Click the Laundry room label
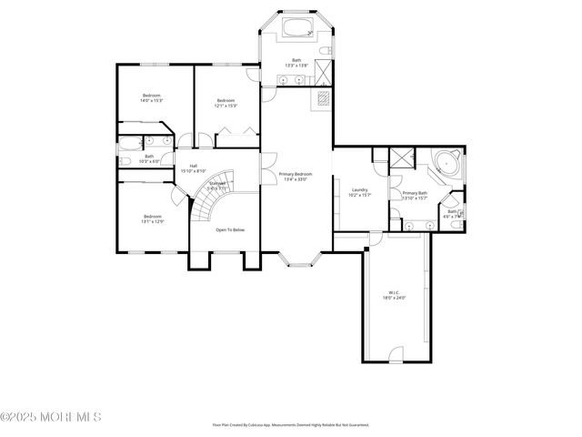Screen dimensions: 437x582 point(360,191)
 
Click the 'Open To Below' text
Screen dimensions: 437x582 point(230,230)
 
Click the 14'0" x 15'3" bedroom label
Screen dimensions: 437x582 point(152,98)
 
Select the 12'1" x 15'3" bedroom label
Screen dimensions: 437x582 point(226,103)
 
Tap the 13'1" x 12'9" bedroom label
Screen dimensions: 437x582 point(152,218)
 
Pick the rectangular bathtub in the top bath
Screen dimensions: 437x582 point(296,28)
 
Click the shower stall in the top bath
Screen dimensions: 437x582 point(322,72)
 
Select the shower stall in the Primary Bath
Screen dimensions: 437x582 point(400,158)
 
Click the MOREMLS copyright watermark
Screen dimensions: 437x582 point(51,417)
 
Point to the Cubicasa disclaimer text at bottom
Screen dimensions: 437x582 point(291,424)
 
